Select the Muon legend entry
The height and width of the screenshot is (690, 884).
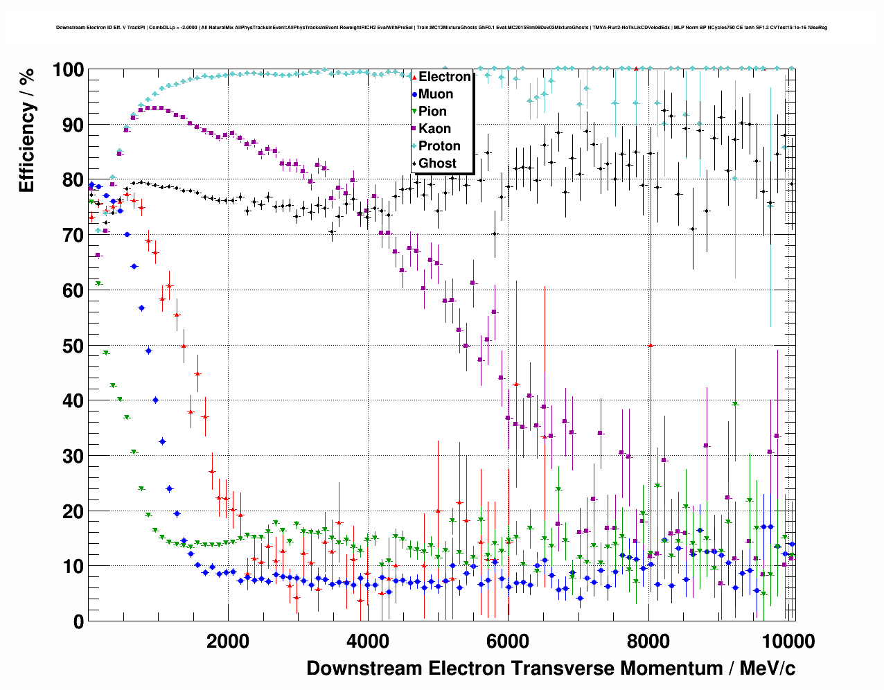pyautogui.click(x=436, y=94)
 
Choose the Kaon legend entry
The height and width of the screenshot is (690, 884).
pyautogui.click(x=434, y=129)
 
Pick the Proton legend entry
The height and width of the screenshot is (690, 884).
pyautogui.click(x=439, y=146)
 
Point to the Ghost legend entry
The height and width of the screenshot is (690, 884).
pyautogui.click(x=437, y=163)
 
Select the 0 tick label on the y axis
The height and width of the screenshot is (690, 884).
pyautogui.click(x=78, y=621)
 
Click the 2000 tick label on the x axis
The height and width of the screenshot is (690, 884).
pyautogui.click(x=228, y=641)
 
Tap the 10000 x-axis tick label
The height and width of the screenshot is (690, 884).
pyautogui.click(x=788, y=641)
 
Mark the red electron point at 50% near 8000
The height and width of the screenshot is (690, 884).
pyautogui.click(x=651, y=345)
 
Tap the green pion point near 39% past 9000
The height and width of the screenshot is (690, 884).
pyautogui.click(x=735, y=404)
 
